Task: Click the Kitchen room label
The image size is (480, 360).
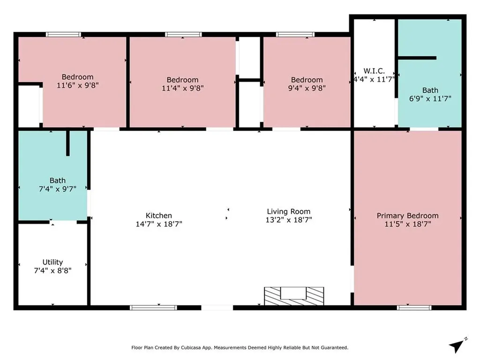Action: click(x=158, y=216)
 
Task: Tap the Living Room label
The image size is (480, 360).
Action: click(x=289, y=211)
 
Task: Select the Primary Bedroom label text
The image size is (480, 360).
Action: click(x=407, y=216)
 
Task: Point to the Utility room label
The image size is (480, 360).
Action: click(x=52, y=262)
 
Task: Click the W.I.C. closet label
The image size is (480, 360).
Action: click(x=374, y=71)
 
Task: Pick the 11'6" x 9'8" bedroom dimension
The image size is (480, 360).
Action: click(x=78, y=85)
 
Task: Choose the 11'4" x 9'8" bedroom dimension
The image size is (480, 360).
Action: click(x=183, y=88)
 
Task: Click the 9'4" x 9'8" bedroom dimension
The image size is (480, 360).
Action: click(x=307, y=88)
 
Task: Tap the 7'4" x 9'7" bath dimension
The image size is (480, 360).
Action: click(x=58, y=189)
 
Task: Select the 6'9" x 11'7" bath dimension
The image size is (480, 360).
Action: click(x=430, y=98)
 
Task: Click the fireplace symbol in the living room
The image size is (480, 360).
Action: click(x=294, y=296)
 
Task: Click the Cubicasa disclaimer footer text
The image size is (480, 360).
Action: click(x=240, y=347)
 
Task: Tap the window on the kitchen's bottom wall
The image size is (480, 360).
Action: click(x=153, y=307)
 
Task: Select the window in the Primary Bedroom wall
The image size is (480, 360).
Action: click(x=414, y=307)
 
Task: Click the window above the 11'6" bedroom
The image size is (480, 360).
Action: click(x=63, y=34)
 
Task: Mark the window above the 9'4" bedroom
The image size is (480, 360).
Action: click(x=295, y=34)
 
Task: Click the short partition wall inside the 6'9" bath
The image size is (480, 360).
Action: click(x=417, y=58)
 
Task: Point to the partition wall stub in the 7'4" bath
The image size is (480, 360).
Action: click(x=68, y=143)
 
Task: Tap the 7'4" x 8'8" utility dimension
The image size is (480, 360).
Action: click(x=52, y=270)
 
